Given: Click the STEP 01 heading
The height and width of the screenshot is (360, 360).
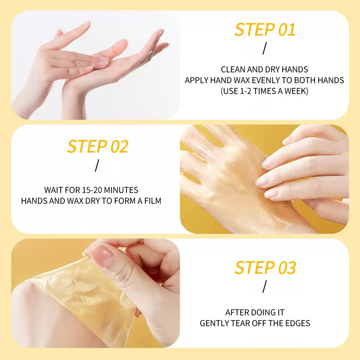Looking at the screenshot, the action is pos(265,30).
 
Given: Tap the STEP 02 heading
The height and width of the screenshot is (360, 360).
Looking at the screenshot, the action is pos(98,147).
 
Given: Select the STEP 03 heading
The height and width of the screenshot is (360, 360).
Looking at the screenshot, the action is pos(265,268).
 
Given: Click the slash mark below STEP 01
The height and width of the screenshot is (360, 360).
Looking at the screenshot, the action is pos(265,48).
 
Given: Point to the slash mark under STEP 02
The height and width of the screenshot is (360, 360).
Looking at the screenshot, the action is pos(97,166).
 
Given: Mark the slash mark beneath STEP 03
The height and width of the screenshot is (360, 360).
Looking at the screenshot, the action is pos(265,286).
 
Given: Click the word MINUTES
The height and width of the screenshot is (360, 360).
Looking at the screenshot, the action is pos(121,190).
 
